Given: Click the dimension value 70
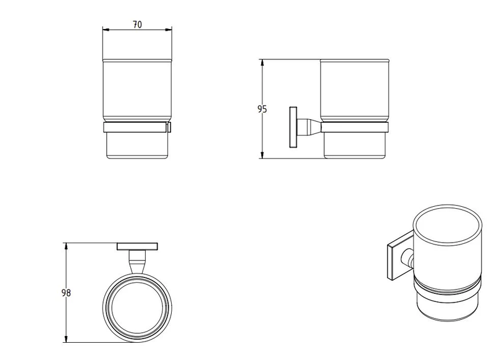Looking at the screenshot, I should point(137,24).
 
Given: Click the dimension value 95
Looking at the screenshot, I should point(262,109).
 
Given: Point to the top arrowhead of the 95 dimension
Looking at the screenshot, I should point(264,62).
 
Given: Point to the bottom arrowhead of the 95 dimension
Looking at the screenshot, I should point(264,156).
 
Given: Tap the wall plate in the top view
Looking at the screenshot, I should point(136,246).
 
